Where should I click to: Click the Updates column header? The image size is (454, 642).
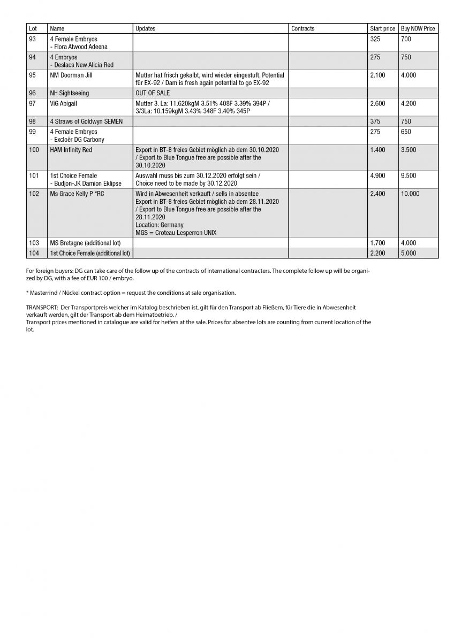pos(146,28)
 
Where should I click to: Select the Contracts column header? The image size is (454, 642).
pos(303,28)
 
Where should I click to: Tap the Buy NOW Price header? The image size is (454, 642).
pos(418,28)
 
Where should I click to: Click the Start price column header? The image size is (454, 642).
pos(382,28)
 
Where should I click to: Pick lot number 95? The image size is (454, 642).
pos(33,75)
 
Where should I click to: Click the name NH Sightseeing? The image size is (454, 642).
pos(70,93)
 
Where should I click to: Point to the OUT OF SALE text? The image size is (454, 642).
pos(153,93)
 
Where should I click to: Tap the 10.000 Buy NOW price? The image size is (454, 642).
pos(410,194)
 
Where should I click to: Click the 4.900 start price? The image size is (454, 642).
pos(377,175)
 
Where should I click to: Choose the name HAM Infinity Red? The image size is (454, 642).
pos(71,150)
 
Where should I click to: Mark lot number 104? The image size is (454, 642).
pos(34,253)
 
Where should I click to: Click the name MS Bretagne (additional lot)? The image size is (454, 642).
pos(85,243)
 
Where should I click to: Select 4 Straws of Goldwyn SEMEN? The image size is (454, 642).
pos(86,121)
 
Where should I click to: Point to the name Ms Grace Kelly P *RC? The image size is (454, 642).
pos(77,194)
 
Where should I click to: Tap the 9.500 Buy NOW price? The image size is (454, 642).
pos(408,175)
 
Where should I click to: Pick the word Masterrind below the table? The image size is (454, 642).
pos(43,293)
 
